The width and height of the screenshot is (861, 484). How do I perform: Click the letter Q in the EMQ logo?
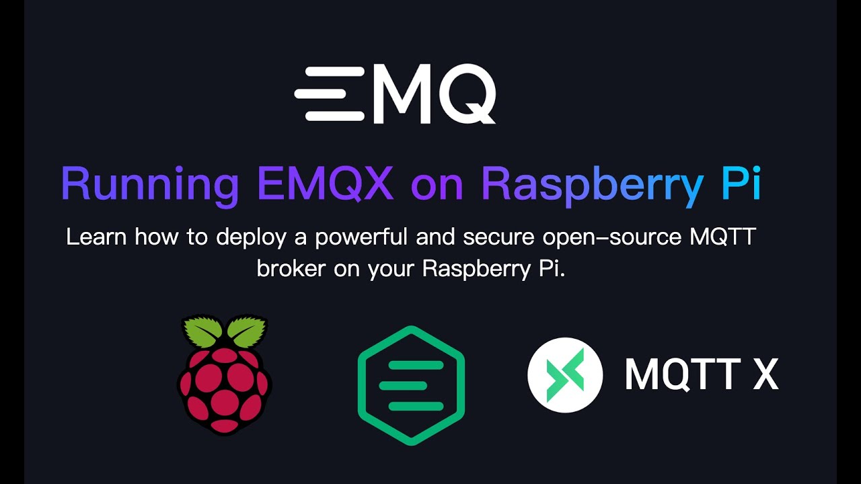[x=465, y=94]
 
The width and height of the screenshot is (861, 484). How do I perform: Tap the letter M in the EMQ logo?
[x=401, y=94]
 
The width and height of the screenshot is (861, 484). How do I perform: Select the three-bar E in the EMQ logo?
[x=330, y=94]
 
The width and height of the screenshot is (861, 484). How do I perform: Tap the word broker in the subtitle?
[x=289, y=269]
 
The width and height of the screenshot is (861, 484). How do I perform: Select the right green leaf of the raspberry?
[x=246, y=331]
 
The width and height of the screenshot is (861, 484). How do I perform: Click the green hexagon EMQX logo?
[x=411, y=385]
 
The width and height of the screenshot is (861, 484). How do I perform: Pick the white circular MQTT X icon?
[x=565, y=374]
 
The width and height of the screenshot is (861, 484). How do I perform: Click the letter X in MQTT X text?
[x=765, y=374]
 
